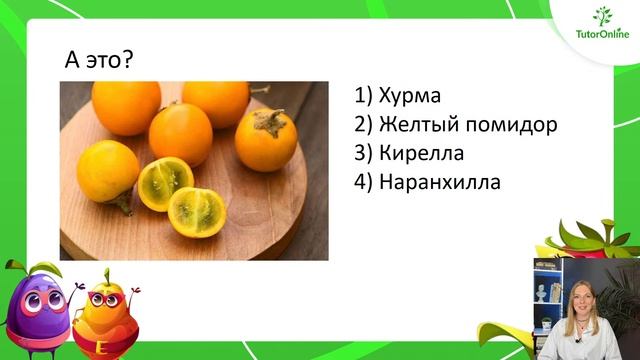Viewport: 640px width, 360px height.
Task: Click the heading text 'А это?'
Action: coord(99,61)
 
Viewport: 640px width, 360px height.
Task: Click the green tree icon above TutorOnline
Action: coord(603,15)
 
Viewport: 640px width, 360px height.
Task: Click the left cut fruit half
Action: coord(165,183)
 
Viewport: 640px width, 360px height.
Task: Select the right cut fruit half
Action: coord(196,211)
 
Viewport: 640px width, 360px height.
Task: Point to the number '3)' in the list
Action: coord(363,155)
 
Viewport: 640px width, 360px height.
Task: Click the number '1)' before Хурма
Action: coord(363,97)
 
